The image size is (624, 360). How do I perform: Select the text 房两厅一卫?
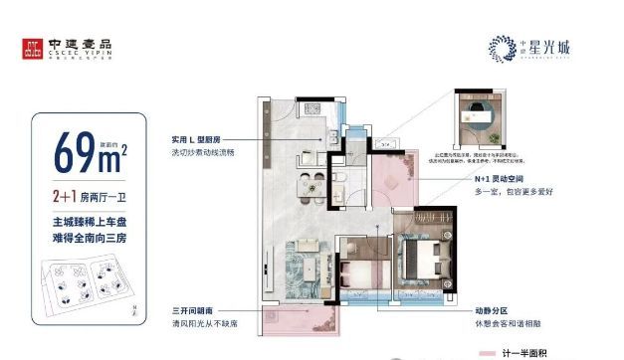(104, 196)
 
